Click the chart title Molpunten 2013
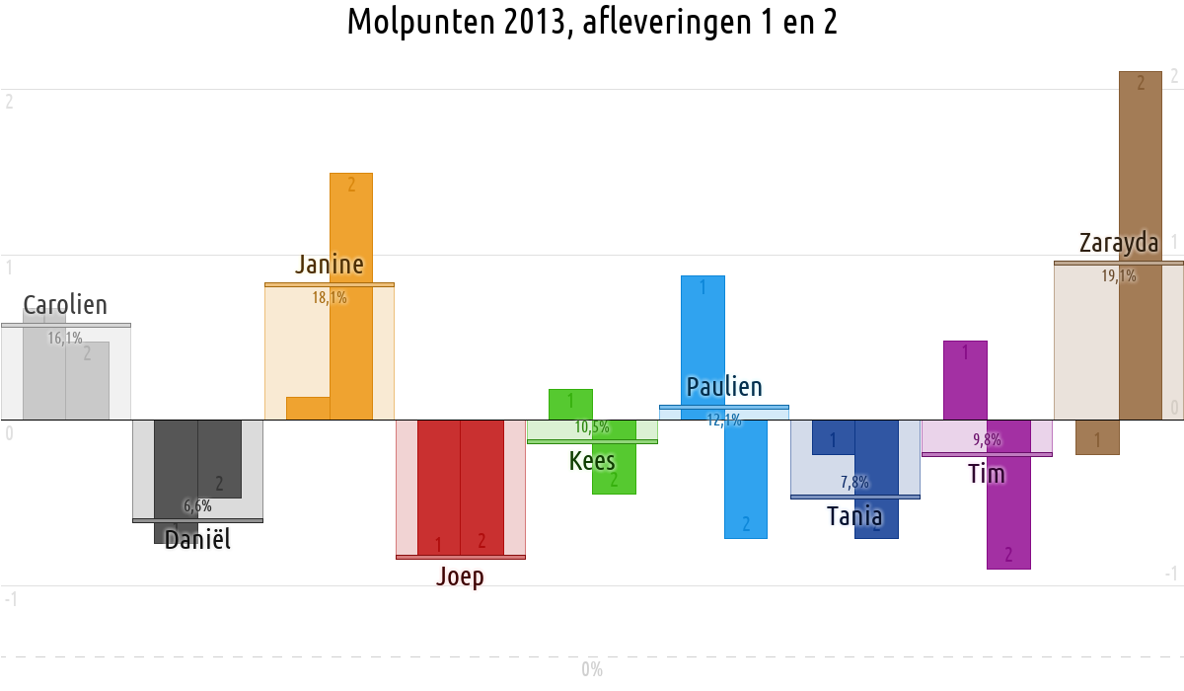[x=592, y=22]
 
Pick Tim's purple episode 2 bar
[x=1008, y=503]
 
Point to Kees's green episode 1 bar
[x=570, y=403]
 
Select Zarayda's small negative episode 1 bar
[x=1097, y=437]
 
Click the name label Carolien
[x=65, y=305]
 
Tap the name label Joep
[x=460, y=576]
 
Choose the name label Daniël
[x=197, y=539]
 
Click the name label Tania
[x=854, y=515]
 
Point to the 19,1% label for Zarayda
[x=1119, y=276]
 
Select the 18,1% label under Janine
[x=330, y=296]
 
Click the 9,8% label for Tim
[x=987, y=439]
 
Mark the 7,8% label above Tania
[x=854, y=482]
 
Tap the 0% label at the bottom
[x=592, y=669]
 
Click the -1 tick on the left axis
[x=10, y=598]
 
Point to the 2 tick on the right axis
[x=1174, y=76]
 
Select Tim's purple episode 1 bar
[x=965, y=380]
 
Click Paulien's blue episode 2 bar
[x=746, y=479]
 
